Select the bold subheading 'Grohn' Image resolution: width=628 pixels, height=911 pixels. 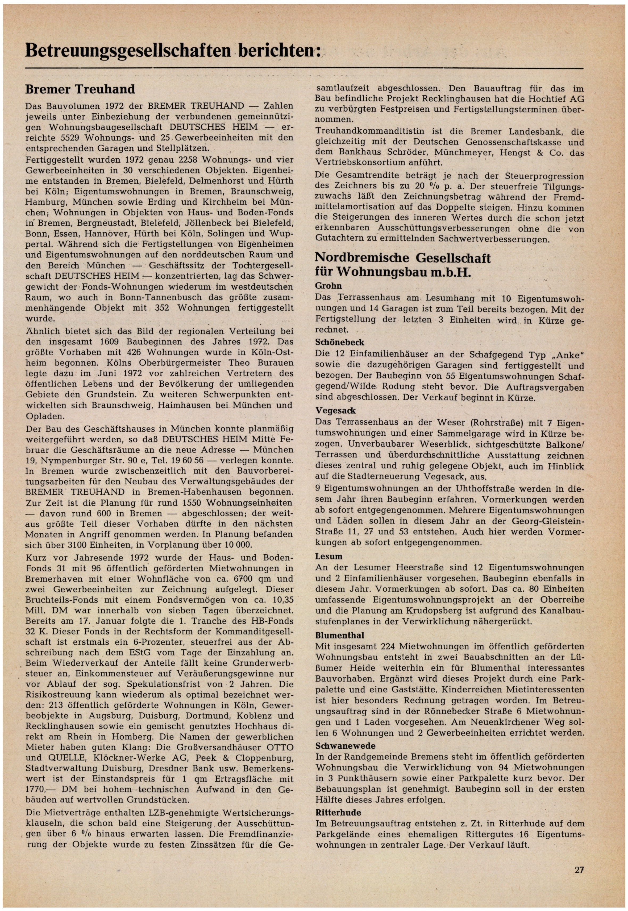328,286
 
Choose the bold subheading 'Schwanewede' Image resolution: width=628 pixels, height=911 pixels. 345,746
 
